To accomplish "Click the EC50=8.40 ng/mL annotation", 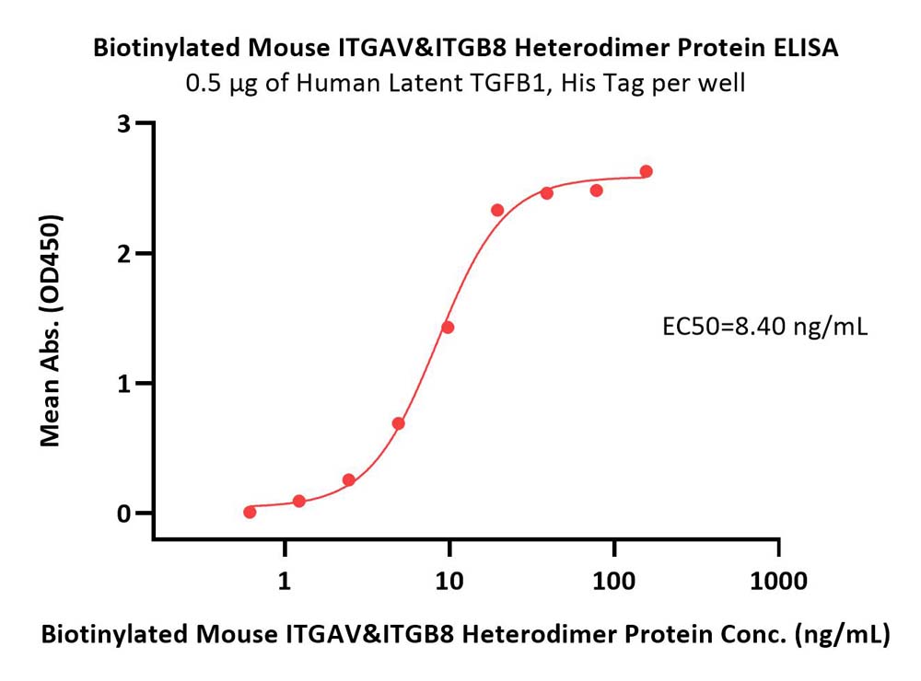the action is click(x=764, y=327).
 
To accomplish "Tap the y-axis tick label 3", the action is click(x=124, y=123).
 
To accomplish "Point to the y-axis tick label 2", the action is click(x=124, y=254).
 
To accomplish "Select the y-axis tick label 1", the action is click(x=124, y=384).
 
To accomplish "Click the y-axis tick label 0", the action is click(x=124, y=514).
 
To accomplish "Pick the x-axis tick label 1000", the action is click(x=778, y=582).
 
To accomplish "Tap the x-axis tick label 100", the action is click(x=613, y=582).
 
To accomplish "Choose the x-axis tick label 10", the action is click(x=449, y=582).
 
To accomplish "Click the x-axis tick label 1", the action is click(x=285, y=582).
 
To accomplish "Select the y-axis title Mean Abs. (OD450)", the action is click(x=51, y=330).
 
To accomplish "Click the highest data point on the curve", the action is click(x=647, y=171).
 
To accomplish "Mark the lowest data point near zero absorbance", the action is click(x=250, y=512).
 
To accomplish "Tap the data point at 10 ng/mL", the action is click(x=448, y=327).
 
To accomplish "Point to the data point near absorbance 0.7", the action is click(x=398, y=423).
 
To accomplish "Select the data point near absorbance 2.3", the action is click(x=497, y=210).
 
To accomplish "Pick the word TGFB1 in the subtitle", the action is click(x=510, y=83).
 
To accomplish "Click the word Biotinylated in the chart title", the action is click(x=167, y=49).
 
